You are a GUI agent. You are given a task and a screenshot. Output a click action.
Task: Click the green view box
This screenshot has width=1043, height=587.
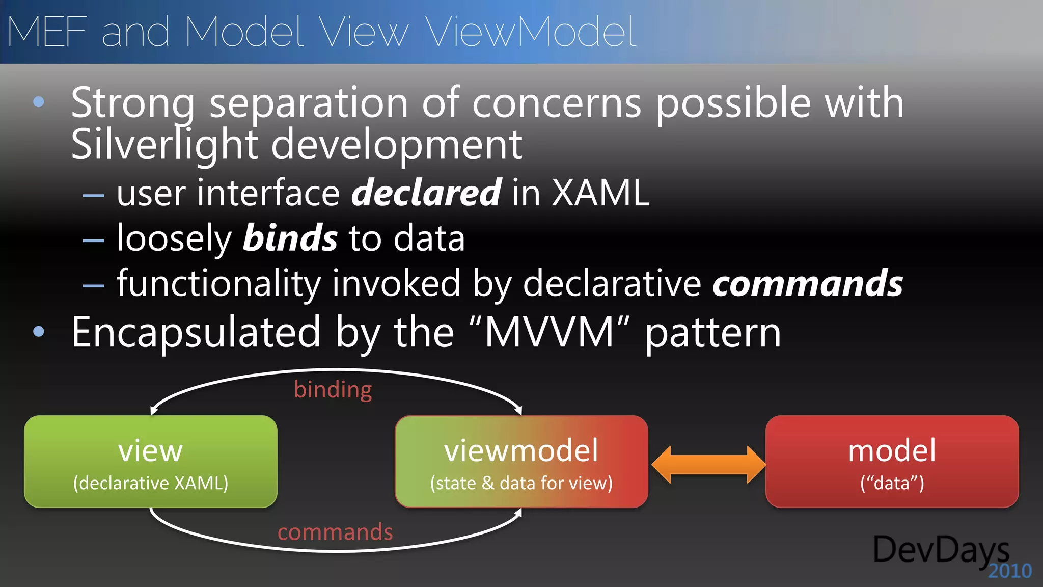click(151, 461)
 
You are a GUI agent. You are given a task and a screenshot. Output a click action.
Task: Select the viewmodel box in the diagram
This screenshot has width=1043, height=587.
click(521, 461)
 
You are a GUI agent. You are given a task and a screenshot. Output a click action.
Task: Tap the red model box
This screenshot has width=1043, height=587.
click(892, 461)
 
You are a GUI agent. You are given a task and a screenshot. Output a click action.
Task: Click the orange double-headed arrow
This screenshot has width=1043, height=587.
click(708, 464)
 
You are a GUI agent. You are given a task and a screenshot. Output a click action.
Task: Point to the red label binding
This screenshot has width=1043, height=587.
click(333, 390)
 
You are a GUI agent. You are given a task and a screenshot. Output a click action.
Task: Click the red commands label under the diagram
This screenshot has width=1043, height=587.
click(335, 532)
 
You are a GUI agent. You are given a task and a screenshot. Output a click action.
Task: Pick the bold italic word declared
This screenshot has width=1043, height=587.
click(426, 193)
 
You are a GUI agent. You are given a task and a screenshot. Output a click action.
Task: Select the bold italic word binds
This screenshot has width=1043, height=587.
click(290, 238)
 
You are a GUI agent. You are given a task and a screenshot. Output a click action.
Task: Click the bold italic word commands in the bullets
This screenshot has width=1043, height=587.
click(807, 283)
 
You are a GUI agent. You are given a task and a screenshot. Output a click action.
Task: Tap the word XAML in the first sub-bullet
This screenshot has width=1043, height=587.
click(601, 193)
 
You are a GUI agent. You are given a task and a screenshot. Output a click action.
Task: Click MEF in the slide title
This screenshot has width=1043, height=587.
click(47, 32)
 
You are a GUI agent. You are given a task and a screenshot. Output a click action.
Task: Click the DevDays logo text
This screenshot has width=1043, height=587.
click(941, 550)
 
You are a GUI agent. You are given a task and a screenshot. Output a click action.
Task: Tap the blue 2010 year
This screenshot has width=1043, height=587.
click(1009, 571)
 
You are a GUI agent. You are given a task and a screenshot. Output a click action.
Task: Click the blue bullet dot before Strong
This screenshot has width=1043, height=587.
click(39, 102)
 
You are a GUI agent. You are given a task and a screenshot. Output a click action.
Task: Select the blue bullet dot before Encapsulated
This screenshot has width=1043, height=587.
click(39, 332)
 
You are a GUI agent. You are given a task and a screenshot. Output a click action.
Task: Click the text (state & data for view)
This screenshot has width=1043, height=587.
click(521, 483)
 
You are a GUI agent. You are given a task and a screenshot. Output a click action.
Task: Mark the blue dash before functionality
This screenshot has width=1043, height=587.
click(94, 286)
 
